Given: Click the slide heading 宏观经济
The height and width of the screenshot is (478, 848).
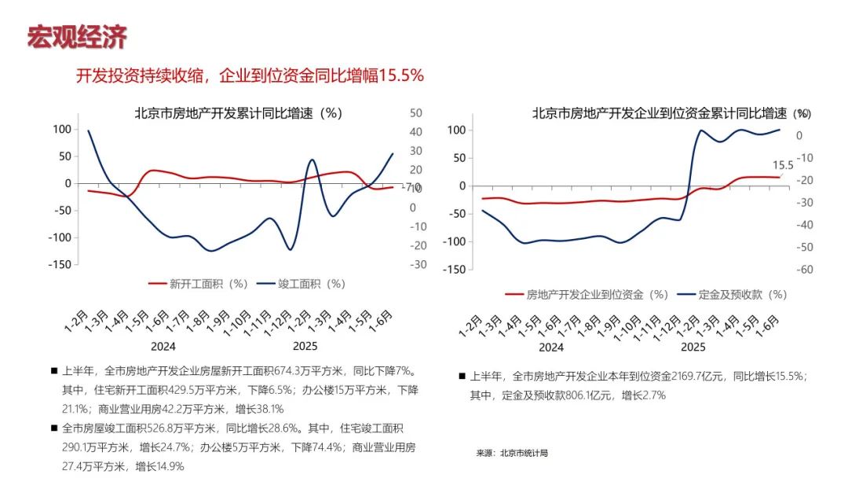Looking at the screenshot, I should pos(77,37).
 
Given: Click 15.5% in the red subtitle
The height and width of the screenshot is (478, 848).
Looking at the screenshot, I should pos(401,75).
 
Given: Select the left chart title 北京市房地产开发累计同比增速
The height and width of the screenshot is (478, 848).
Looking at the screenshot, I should pos(237,113).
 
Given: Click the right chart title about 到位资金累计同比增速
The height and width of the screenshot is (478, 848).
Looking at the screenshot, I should pos(660,113).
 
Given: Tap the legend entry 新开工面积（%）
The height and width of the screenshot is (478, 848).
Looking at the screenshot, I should pos(199,284).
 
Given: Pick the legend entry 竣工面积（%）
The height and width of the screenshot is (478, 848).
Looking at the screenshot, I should pos(302,284).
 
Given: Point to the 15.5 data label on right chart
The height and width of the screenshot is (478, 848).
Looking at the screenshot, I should pos(783,166).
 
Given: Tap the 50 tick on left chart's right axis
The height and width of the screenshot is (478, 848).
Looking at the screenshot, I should pos(418,113).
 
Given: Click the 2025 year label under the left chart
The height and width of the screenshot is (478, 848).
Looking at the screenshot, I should pos(305,346).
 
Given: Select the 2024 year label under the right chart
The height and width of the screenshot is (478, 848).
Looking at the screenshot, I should pos(551,347).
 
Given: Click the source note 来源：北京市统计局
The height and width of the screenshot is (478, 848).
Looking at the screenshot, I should pos(511,454).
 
